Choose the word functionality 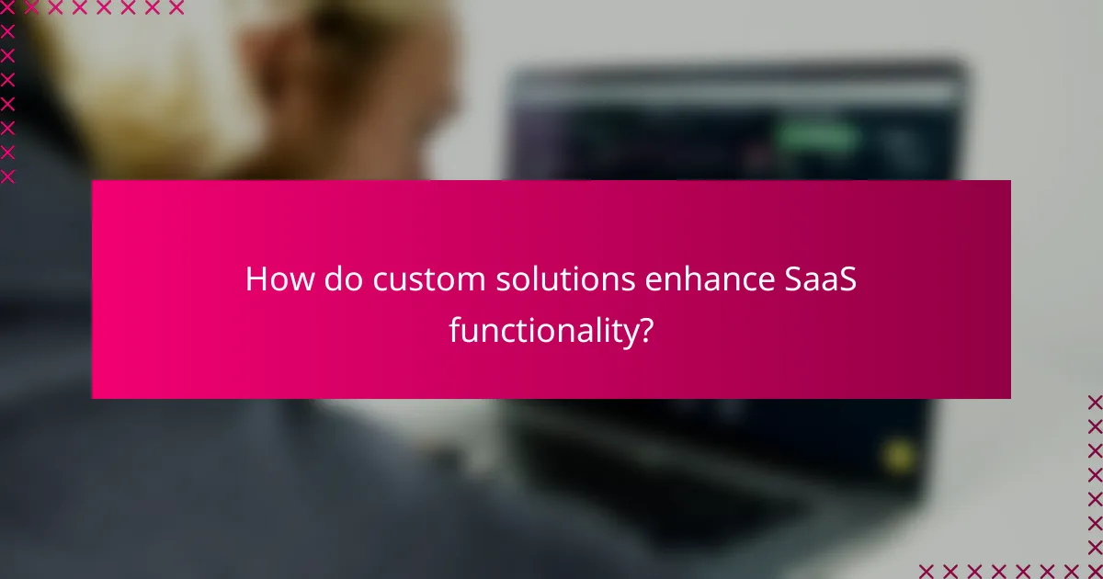(542, 330)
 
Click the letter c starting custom (380, 282)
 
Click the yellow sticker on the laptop (898, 455)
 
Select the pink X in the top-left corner (8, 8)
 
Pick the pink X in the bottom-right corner (1094, 570)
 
